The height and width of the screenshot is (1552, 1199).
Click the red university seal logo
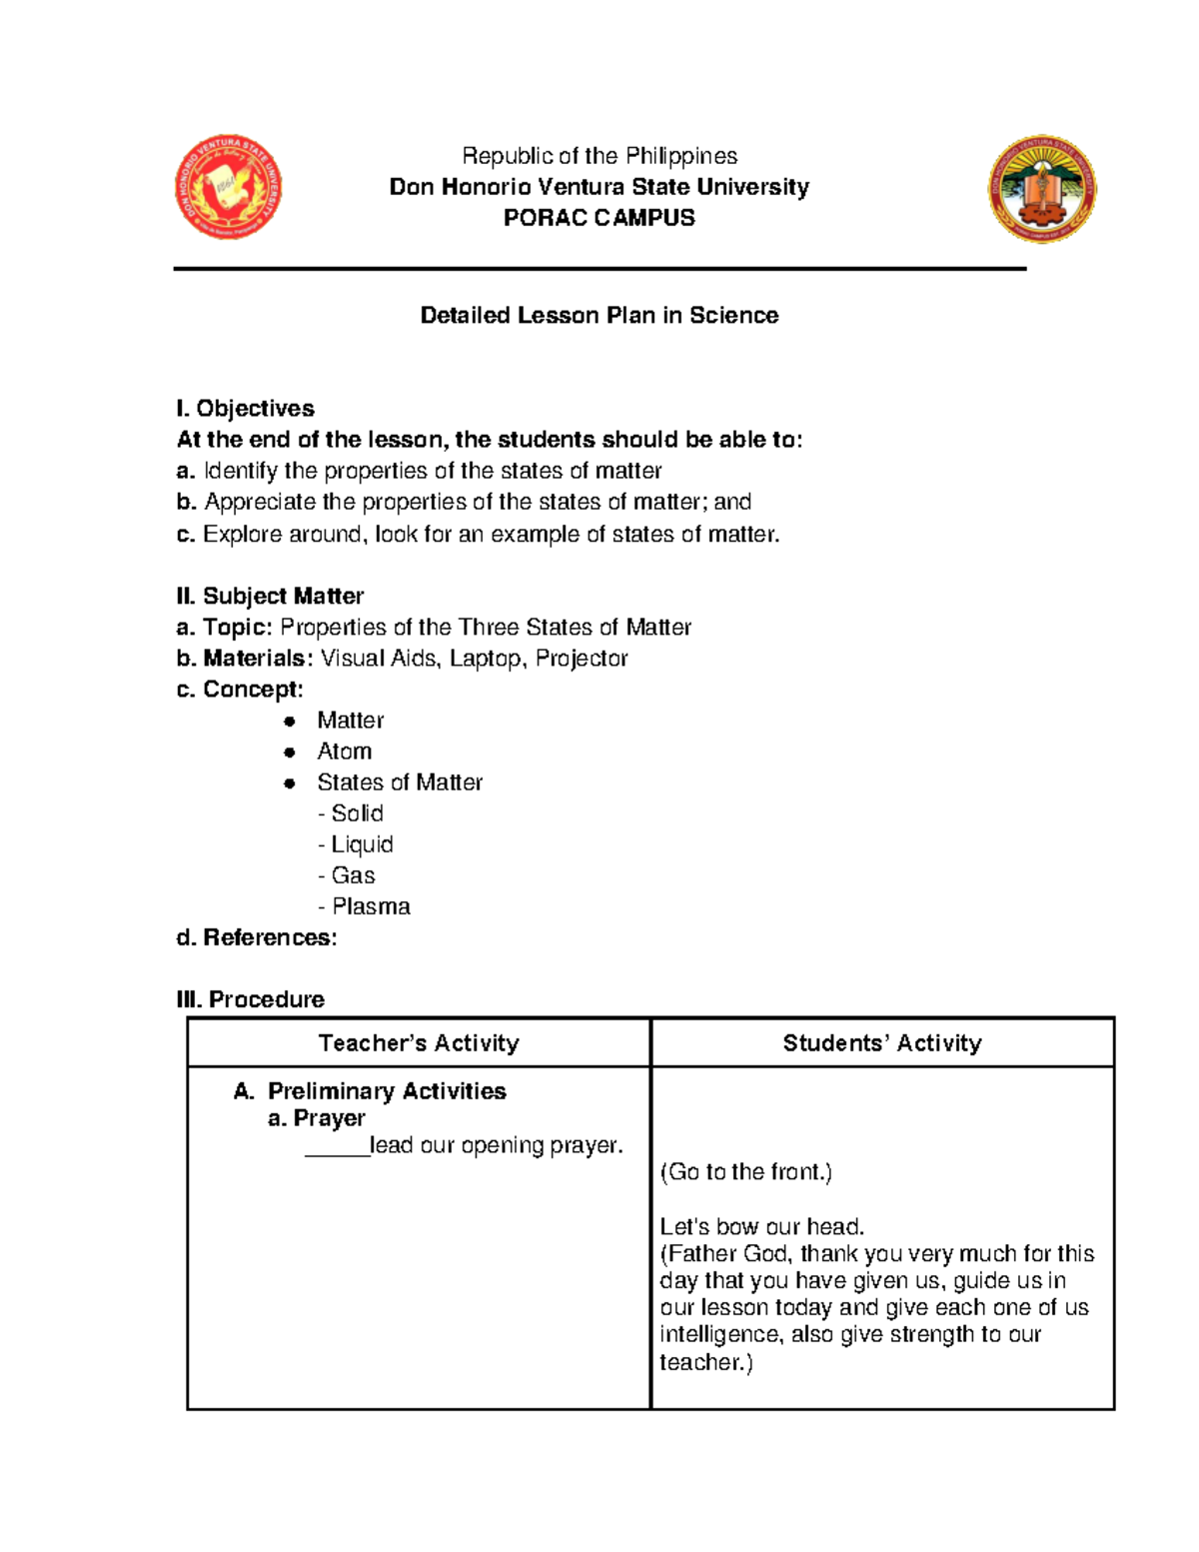tap(228, 187)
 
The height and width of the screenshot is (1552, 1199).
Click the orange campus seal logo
tap(1042, 189)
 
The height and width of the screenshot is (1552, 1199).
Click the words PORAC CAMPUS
tap(599, 218)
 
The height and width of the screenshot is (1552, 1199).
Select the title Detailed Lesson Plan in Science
tap(599, 316)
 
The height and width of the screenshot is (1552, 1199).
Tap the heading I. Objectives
tap(246, 409)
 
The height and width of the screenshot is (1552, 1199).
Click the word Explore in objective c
tap(242, 535)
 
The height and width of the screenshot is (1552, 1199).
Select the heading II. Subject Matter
tap(270, 597)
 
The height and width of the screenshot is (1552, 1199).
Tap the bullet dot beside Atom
tap(290, 753)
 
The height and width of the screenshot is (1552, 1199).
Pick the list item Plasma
tap(370, 907)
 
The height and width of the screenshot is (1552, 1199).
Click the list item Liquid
tap(361, 845)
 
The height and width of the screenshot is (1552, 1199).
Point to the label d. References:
tap(257, 938)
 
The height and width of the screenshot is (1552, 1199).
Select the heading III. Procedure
tap(251, 1000)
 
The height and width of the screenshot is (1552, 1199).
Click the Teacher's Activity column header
tap(419, 1043)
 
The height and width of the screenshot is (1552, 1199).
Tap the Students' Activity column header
tap(882, 1043)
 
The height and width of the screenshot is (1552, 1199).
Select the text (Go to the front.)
tap(745, 1172)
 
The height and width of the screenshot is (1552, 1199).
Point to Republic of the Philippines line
tap(599, 156)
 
